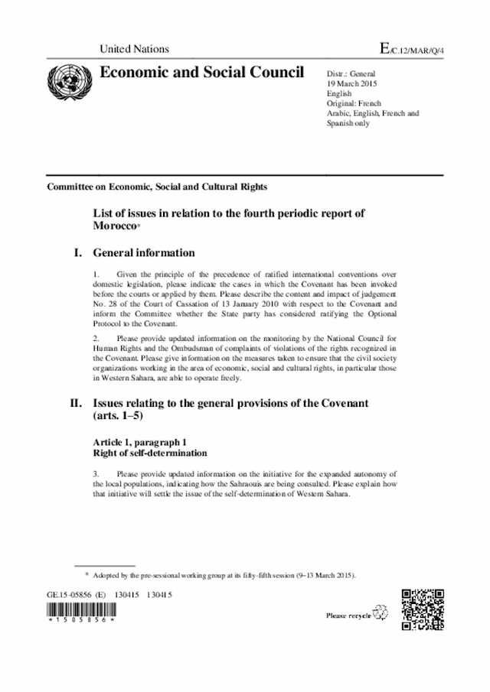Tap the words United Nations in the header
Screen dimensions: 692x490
click(x=134, y=49)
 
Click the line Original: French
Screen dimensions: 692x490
click(x=354, y=103)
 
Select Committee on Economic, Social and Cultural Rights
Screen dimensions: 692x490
click(x=157, y=187)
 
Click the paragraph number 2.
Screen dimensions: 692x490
click(x=95, y=337)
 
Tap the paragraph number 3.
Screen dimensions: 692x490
click(x=95, y=473)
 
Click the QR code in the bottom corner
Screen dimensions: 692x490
click(x=423, y=610)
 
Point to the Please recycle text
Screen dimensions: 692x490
click(x=348, y=615)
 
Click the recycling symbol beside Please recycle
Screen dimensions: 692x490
click(x=381, y=613)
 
